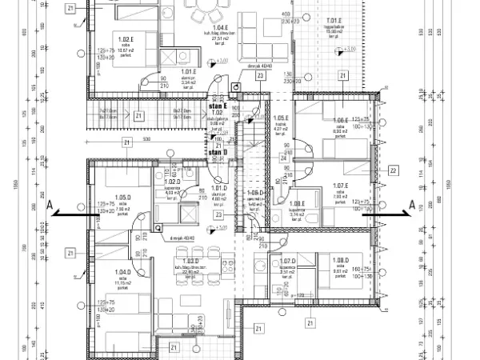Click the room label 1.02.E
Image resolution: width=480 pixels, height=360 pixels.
[125, 38]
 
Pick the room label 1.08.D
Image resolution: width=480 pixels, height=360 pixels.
[340, 261]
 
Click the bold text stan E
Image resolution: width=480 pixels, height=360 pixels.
[218, 106]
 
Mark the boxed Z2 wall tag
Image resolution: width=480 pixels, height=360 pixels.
[393, 170]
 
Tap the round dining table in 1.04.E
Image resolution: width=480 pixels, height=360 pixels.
[210, 14]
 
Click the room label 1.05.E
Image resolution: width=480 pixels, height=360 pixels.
[281, 117]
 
